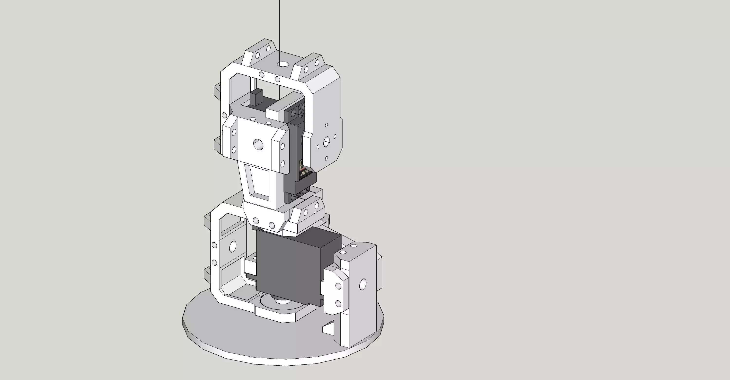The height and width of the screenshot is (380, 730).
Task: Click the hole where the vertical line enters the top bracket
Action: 283,64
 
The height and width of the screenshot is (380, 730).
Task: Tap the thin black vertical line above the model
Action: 280,28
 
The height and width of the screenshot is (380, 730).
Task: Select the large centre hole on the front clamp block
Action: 258,145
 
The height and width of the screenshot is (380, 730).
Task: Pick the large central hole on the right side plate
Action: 327,140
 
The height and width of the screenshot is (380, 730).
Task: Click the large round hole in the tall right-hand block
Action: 363,284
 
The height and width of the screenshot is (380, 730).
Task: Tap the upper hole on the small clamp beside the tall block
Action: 338,286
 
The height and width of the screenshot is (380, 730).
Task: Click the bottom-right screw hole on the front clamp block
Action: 283,164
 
